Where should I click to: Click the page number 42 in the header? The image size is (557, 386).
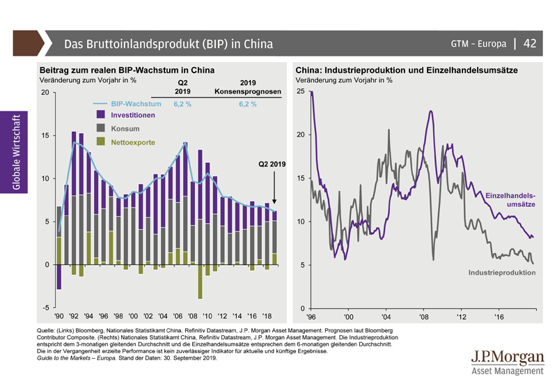click(x=529, y=44)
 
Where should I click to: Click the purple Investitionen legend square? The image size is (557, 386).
click(x=101, y=114)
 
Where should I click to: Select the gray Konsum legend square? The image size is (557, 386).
click(x=101, y=128)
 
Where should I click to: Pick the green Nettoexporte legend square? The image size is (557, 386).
click(x=101, y=142)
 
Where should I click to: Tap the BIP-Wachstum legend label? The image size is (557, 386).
click(x=135, y=104)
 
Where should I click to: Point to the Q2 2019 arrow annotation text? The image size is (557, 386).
click(x=272, y=164)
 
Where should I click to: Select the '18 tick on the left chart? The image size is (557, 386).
click(x=269, y=314)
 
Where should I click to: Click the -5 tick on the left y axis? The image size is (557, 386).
click(x=45, y=307)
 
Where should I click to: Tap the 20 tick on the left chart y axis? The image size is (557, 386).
click(x=45, y=93)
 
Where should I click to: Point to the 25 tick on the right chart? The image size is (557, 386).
click(x=301, y=92)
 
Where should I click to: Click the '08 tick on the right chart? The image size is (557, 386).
click(x=423, y=317)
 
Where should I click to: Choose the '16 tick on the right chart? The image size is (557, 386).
click(x=499, y=317)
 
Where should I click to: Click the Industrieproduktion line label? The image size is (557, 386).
click(x=501, y=272)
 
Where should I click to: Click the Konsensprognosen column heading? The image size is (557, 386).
click(x=248, y=91)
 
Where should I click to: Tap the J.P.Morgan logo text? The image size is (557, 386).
click(x=508, y=358)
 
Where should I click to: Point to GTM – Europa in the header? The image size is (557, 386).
click(x=478, y=44)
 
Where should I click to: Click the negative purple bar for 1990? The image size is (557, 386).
click(x=59, y=277)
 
